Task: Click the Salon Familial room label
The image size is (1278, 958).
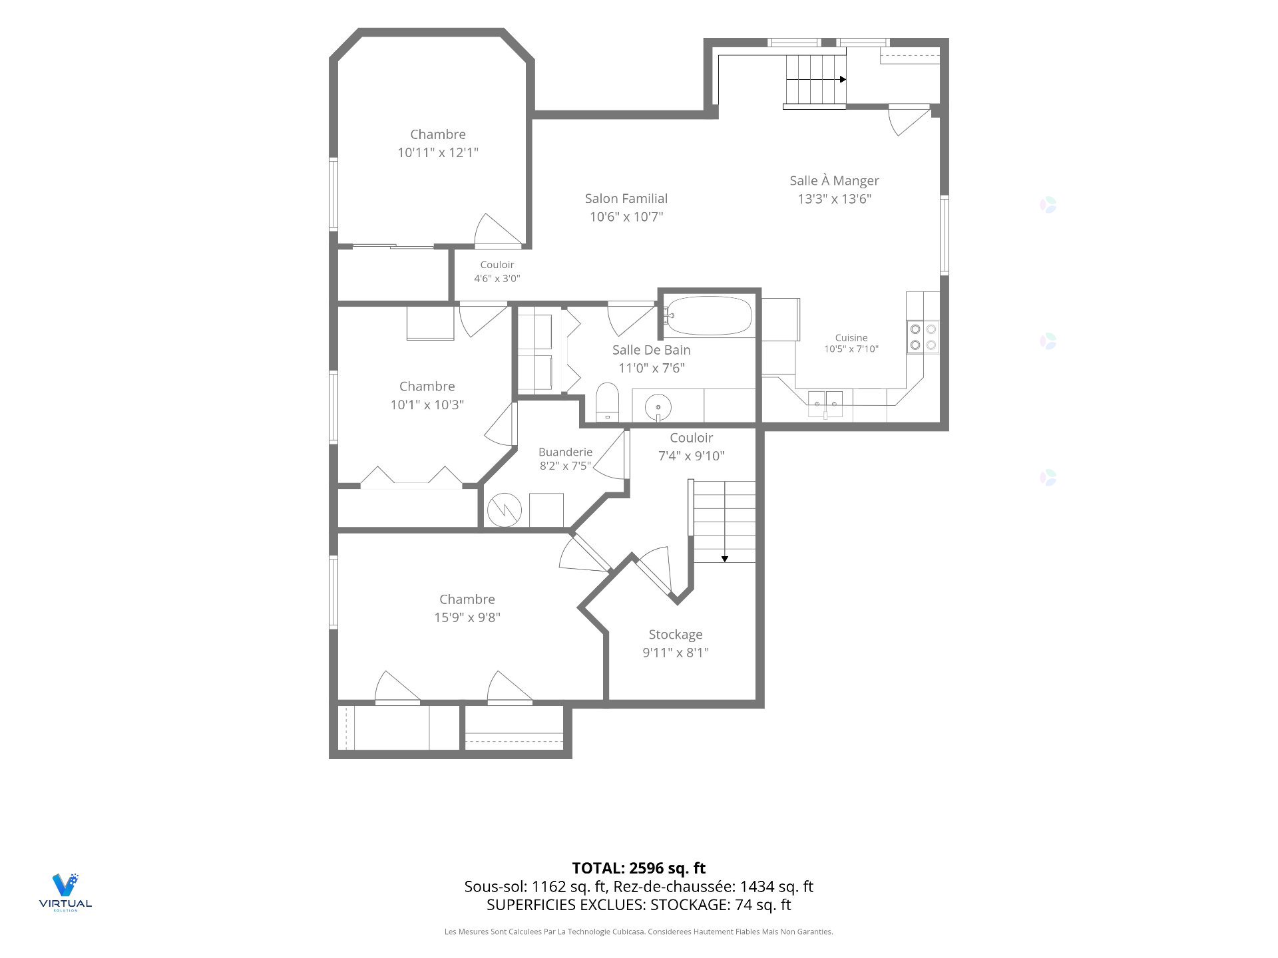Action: (626, 198)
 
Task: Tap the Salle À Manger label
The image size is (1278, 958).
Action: (834, 180)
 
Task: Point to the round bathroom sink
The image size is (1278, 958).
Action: (658, 406)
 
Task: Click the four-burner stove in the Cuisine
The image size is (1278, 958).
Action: (923, 337)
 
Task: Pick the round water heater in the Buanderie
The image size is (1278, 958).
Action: (505, 510)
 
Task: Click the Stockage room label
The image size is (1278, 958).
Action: (676, 635)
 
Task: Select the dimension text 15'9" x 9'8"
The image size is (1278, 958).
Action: (467, 617)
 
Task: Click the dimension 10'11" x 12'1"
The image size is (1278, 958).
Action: (438, 152)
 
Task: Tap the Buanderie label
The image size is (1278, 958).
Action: (565, 452)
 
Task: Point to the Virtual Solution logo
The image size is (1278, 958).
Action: (65, 891)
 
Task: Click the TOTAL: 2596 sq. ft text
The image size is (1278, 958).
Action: (639, 868)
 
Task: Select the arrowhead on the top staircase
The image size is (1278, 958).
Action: (843, 79)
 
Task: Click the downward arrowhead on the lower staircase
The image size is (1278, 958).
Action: (725, 559)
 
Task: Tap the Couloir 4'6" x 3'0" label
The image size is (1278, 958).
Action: (497, 271)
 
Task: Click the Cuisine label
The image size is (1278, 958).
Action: (851, 337)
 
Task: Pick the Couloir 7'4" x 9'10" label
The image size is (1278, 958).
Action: (692, 446)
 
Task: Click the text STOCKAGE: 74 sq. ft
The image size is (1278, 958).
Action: (721, 905)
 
